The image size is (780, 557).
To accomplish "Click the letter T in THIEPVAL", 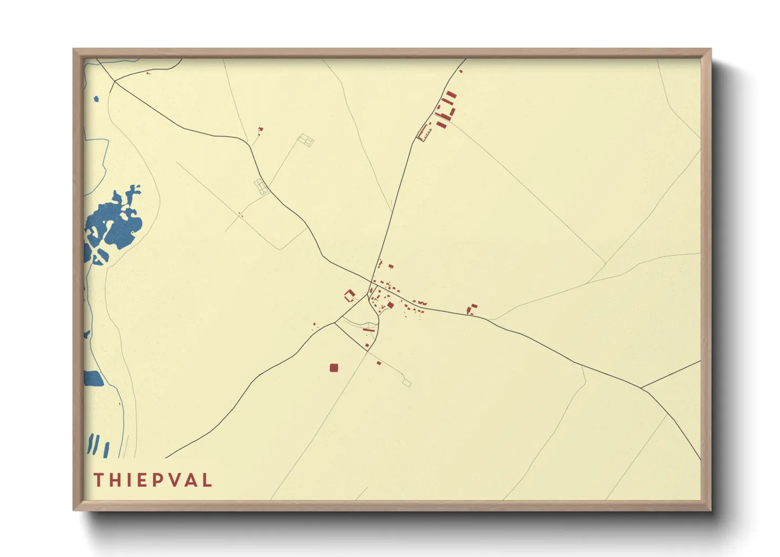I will coord(97,480).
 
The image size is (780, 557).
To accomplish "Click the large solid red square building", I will coord(333,367).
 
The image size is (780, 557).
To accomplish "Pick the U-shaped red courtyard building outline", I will coord(349,295).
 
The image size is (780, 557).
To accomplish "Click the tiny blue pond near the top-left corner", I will coord(96,98).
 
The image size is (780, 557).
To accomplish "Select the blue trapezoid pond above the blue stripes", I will coord(93,379).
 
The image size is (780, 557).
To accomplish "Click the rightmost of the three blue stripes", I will coord(106,450).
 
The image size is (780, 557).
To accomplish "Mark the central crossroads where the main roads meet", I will coord(370,281).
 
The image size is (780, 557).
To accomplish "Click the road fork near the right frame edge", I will coord(641,388).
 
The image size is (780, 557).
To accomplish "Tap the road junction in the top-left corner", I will coord(114,82).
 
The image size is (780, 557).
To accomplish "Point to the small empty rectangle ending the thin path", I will coord(406,383).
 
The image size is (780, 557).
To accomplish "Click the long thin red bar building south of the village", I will coord(369,330).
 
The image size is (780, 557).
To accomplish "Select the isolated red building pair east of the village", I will coord(472,309).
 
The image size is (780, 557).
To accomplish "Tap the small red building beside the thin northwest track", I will coord(260,130).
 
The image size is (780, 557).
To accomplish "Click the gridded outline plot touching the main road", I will coord(261,186).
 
